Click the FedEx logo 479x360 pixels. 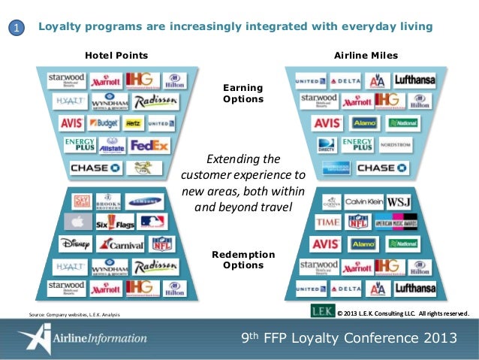click(149, 145)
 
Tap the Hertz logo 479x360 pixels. click(134, 123)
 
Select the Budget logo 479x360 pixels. click(104, 123)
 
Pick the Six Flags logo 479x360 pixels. click(113, 222)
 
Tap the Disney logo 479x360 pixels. click(75, 244)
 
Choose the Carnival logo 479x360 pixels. click(120, 244)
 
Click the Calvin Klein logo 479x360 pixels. click(364, 201)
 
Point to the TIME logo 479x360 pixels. click(327, 222)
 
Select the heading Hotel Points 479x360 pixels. click(116, 56)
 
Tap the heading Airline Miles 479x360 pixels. click(366, 56)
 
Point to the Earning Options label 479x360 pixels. click(243, 93)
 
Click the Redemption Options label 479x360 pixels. click(243, 260)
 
